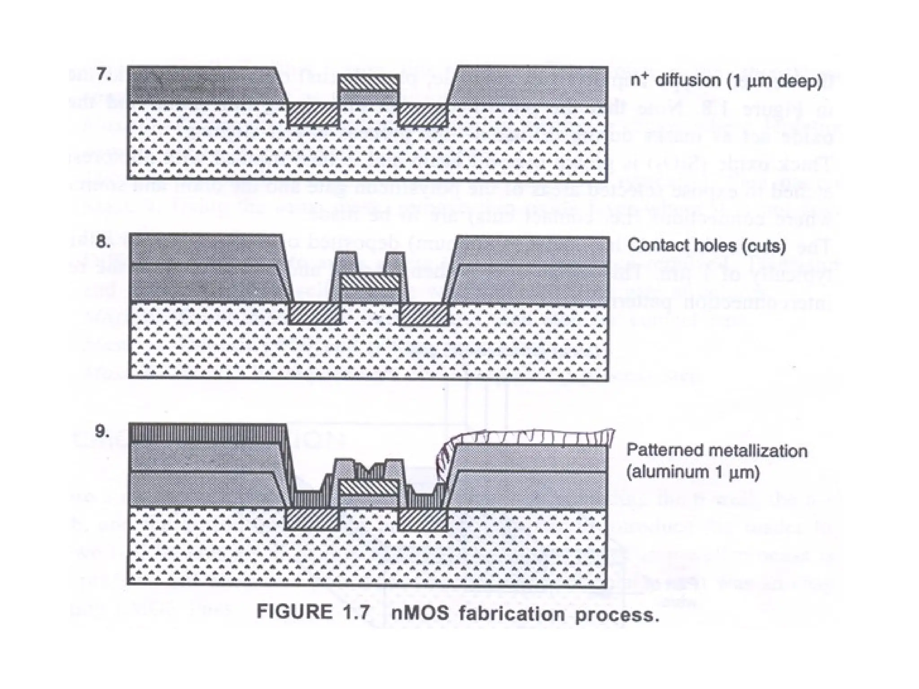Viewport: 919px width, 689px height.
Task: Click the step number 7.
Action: pos(104,74)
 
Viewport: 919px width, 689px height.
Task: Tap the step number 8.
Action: pos(103,242)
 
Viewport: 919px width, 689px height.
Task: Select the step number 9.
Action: pos(102,432)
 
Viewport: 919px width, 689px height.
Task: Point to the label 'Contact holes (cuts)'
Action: pos(706,245)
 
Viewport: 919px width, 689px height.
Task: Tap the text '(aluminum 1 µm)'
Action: pos(693,472)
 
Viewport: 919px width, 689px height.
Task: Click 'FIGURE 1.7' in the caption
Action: pos(313,612)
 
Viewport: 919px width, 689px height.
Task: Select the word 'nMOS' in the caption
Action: pos(420,613)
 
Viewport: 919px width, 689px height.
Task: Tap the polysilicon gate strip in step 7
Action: pos(369,83)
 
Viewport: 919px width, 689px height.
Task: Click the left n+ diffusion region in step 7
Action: pos(313,114)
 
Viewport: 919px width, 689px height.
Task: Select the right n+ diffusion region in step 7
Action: pos(423,114)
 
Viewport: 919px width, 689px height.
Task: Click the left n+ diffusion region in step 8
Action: pos(314,314)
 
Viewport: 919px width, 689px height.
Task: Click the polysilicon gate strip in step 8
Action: pos(369,282)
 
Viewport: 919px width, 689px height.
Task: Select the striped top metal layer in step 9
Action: pos(206,432)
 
